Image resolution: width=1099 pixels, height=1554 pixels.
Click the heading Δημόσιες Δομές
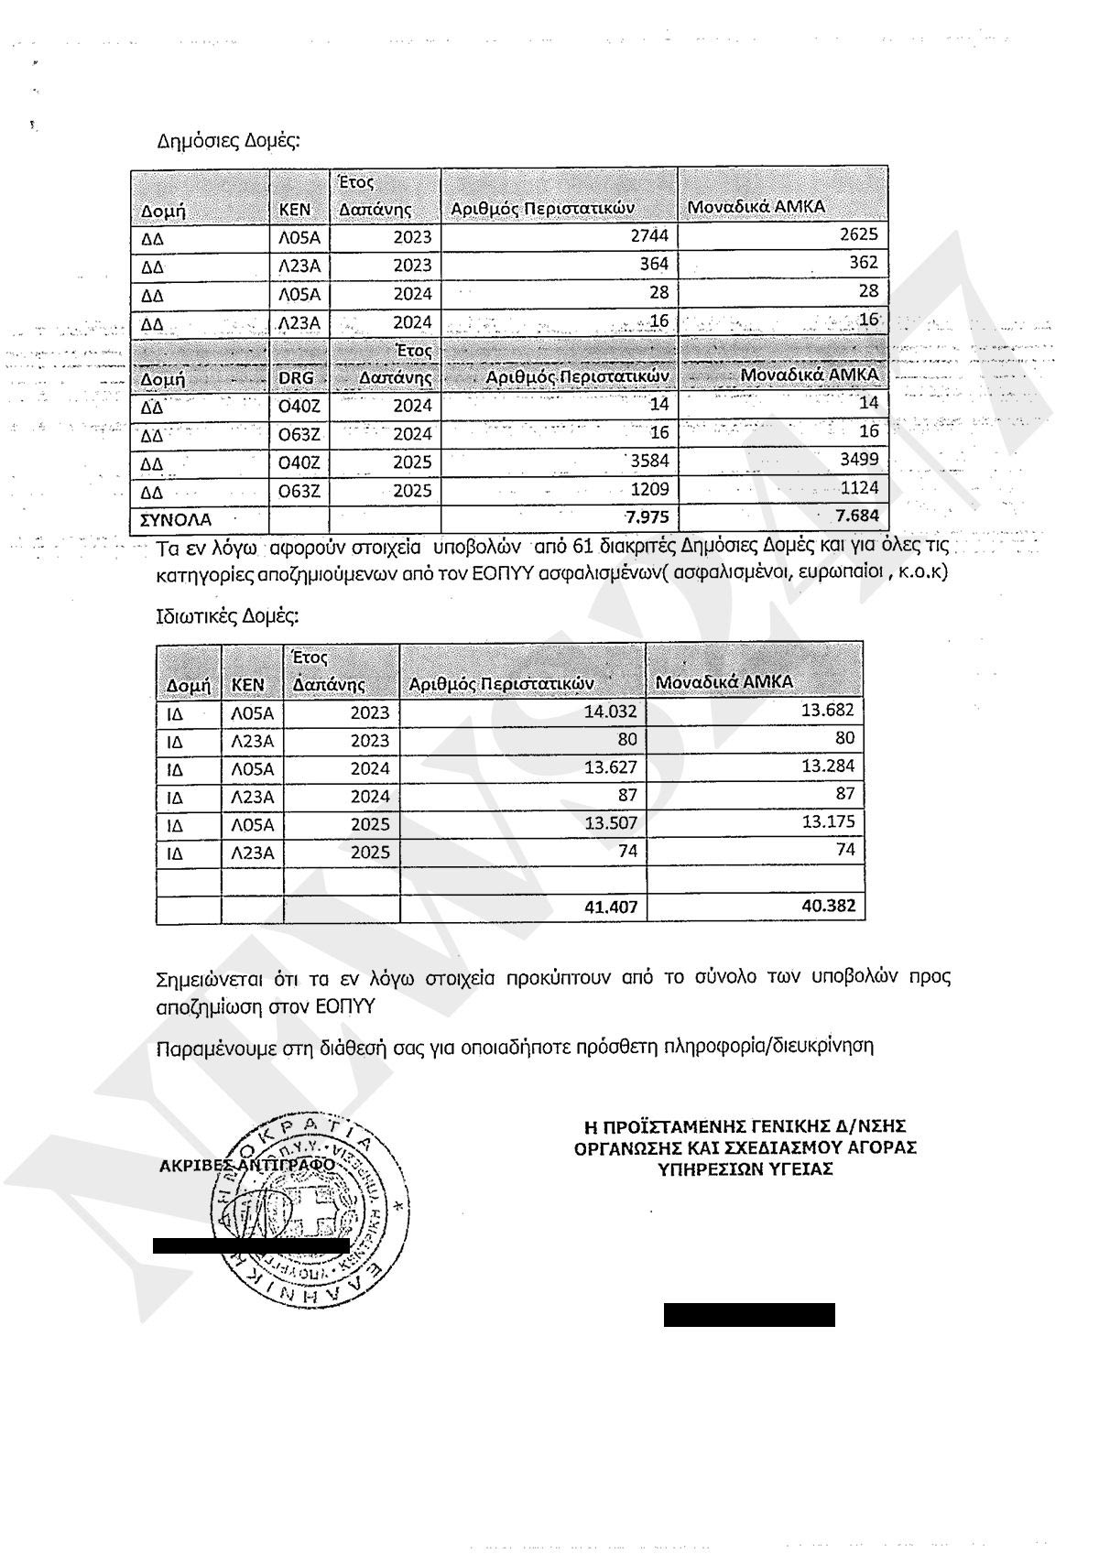click(x=229, y=141)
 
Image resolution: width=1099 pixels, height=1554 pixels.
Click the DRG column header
click(x=296, y=377)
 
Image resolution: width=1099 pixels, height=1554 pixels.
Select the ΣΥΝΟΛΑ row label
click(x=175, y=519)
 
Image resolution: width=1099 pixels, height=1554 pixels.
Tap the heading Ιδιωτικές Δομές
click(x=228, y=616)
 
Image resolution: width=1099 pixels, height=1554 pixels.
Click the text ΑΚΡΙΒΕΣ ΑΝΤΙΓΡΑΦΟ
click(x=247, y=1165)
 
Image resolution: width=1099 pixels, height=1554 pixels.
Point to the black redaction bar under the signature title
click(x=749, y=1315)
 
